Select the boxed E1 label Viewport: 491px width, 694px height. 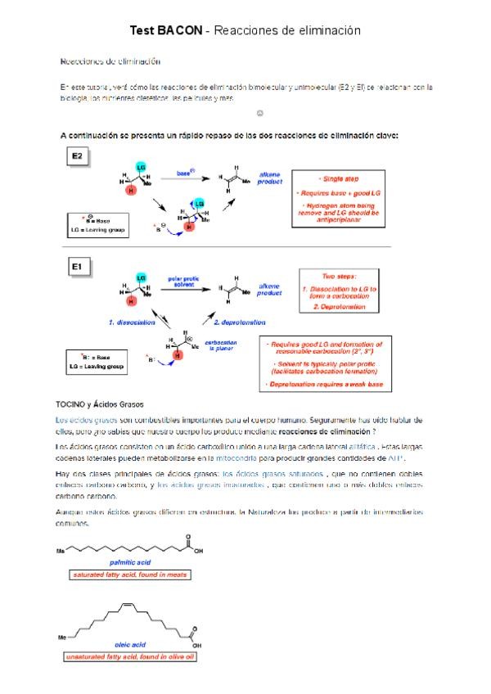79,267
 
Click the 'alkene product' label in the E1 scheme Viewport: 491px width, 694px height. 269,288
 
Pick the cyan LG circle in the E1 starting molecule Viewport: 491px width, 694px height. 142,279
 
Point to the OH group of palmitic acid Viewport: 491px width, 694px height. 197,551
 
